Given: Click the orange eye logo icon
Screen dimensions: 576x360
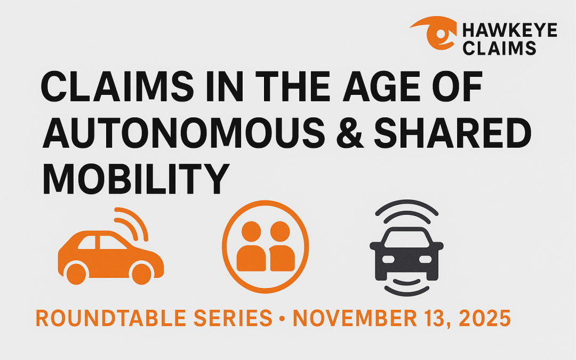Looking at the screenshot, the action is (x=434, y=33).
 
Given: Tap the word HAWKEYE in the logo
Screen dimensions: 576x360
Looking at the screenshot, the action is (x=510, y=30).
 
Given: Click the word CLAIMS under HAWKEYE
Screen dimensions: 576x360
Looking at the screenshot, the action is (x=499, y=48).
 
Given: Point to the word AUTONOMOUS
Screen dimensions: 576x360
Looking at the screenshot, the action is (x=183, y=133).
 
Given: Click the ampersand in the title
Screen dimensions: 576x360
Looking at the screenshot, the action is (x=350, y=133).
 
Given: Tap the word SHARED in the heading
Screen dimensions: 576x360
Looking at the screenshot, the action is (x=453, y=133).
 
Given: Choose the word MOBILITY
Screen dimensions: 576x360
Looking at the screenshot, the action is (x=137, y=179).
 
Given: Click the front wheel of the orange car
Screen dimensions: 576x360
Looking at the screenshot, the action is (x=141, y=274).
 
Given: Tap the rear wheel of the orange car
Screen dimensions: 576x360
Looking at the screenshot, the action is (x=76, y=274).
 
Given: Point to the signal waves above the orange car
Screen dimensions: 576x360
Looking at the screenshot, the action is (x=132, y=223).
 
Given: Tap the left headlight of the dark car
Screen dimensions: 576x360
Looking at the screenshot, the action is (x=388, y=259).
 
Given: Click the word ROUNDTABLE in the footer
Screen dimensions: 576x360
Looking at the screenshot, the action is (x=111, y=318).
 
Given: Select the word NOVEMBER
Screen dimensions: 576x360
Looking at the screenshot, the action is (x=355, y=318).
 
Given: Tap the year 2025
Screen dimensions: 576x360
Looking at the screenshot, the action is (x=485, y=318).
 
